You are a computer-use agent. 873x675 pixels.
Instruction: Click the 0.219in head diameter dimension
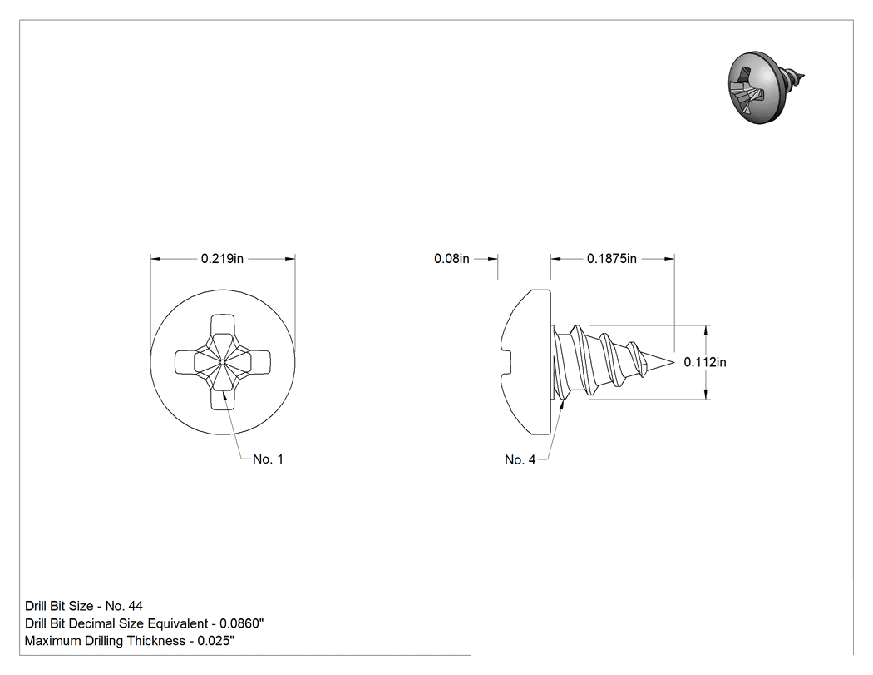pos(222,259)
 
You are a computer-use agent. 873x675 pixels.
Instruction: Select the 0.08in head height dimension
pos(451,259)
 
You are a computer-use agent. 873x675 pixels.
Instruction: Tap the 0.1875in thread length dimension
pos(611,259)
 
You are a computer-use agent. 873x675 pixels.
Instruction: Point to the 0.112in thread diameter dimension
pos(705,362)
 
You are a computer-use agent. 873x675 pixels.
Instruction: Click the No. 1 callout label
pos(268,459)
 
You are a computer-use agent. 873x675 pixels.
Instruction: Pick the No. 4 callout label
pos(520,459)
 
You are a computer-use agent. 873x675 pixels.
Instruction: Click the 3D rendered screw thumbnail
pos(764,87)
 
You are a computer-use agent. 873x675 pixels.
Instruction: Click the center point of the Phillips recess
pos(222,362)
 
